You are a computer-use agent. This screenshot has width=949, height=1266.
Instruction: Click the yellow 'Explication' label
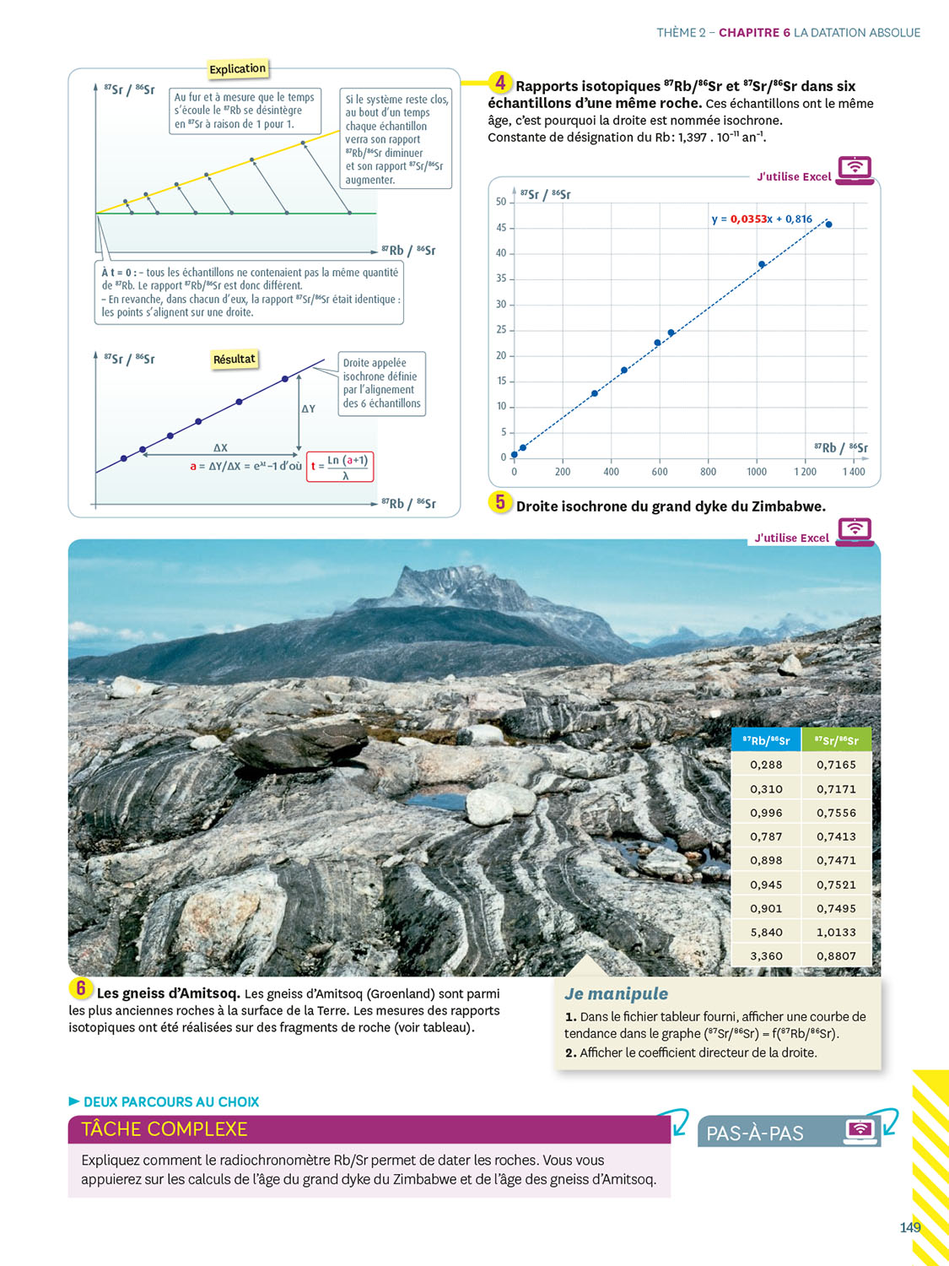[237, 68]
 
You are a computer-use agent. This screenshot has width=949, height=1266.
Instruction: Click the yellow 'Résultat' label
[234, 359]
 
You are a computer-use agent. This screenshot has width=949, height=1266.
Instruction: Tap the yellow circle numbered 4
[500, 83]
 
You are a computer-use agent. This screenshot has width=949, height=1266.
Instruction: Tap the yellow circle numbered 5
[500, 502]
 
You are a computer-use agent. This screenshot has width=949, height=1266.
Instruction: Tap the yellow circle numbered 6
[80, 988]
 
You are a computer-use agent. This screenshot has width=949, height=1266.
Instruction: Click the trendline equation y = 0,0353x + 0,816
[762, 219]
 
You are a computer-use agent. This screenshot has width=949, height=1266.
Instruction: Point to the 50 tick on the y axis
[501, 202]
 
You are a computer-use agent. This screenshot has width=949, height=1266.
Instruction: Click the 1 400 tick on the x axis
[854, 472]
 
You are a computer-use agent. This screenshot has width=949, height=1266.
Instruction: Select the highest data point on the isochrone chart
[829, 225]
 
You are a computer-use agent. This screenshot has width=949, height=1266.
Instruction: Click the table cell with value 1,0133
[836, 932]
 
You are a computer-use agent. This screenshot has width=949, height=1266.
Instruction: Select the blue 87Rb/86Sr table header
[766, 740]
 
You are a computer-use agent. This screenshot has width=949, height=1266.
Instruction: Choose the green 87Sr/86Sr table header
[836, 740]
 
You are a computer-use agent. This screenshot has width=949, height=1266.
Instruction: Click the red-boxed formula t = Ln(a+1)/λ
[340, 467]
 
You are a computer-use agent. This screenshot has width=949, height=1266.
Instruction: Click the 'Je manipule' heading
[616, 993]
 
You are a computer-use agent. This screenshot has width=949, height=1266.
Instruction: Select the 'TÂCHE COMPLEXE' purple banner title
[164, 1129]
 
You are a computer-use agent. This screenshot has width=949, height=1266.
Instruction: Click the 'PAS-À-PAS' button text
[755, 1133]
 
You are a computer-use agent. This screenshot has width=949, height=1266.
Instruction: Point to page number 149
[909, 1227]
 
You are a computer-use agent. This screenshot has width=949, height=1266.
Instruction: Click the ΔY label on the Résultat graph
[309, 408]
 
